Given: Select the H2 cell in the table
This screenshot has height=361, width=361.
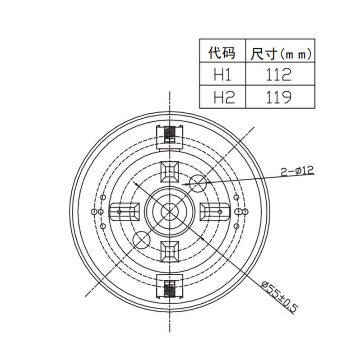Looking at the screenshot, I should [x=222, y=97].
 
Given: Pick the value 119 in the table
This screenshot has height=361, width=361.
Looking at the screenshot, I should [x=279, y=97].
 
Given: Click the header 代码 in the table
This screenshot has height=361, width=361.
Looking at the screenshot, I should [x=222, y=53].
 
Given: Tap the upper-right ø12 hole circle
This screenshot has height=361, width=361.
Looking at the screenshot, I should [x=199, y=183].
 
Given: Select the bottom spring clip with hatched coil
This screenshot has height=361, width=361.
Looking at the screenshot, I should [x=170, y=288].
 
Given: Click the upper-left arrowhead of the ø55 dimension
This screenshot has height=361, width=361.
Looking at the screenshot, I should [x=137, y=184].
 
